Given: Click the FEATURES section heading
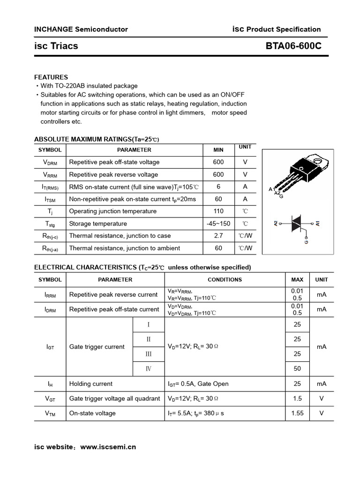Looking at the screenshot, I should point(51,77).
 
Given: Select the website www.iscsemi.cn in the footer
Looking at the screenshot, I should point(108,447).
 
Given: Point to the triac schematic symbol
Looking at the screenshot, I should point(297,224).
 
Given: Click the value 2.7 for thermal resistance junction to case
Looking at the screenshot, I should point(218,236).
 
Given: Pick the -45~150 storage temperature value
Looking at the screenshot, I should point(218,224).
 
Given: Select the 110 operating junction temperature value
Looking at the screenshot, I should point(218,211).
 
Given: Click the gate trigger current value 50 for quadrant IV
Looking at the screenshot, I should point(297,368).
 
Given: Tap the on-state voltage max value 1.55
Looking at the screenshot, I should point(297,413).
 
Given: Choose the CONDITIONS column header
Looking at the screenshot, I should point(225,279).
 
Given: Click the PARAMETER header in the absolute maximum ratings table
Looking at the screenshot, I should point(134,150).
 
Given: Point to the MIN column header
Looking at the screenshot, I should point(218,150).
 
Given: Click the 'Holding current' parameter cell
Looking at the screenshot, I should point(91,383).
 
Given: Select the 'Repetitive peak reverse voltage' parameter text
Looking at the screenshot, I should point(113,174).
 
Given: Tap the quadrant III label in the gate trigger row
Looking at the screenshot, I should point(149,354).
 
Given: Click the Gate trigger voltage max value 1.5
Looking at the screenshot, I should point(297,398).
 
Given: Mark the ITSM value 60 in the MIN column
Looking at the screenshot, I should point(218,199).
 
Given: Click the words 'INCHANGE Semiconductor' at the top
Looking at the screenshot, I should point(81,29).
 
